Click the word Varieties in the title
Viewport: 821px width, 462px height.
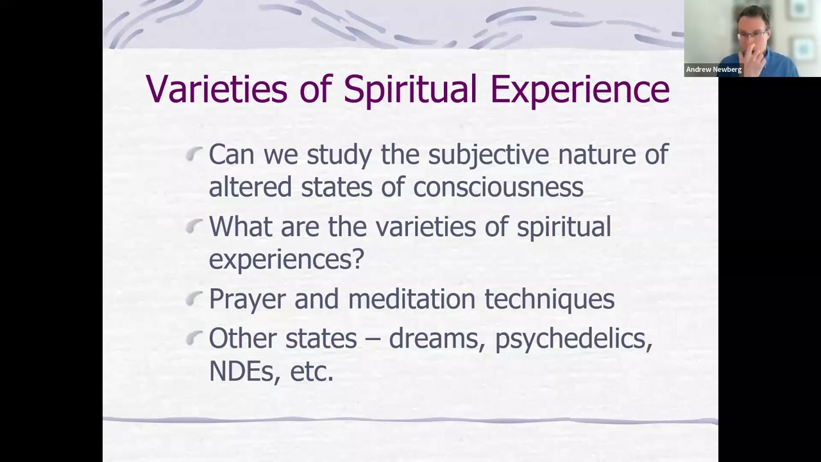pyautogui.click(x=216, y=89)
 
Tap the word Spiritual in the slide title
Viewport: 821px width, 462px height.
pyautogui.click(x=410, y=89)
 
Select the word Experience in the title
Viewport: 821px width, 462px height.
pyautogui.click(x=580, y=89)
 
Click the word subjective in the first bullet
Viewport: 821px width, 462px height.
pyautogui.click(x=489, y=155)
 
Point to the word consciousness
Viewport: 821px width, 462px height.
pyautogui.click(x=498, y=187)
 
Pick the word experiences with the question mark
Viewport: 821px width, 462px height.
pyautogui.click(x=286, y=259)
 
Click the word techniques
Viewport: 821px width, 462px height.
pyautogui.click(x=549, y=299)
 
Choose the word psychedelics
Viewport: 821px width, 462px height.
pyautogui.click(x=573, y=339)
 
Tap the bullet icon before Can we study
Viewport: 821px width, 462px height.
pyautogui.click(x=194, y=153)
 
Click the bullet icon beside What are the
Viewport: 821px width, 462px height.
pyautogui.click(x=194, y=225)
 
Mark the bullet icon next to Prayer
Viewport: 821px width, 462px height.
pyautogui.click(x=194, y=298)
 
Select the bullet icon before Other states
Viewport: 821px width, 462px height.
pyautogui.click(x=194, y=338)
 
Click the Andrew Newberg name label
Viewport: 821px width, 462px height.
pyautogui.click(x=713, y=69)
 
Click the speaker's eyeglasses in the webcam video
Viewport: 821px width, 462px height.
pyautogui.click(x=751, y=33)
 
